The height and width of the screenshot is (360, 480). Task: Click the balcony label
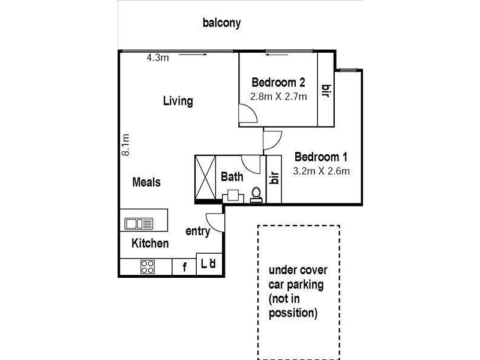[221, 23]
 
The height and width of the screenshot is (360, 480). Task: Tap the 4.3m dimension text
[158, 58]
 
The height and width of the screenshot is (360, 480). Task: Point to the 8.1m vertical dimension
[126, 145]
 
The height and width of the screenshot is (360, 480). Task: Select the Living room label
[178, 101]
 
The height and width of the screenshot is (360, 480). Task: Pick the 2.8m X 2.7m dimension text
[278, 96]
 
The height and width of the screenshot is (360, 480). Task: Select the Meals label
[146, 182]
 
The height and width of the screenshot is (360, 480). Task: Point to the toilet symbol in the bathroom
[256, 195]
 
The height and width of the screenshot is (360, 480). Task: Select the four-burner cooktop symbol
[148, 266]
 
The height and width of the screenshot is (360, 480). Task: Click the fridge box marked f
[184, 267]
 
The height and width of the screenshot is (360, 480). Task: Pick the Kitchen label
[150, 244]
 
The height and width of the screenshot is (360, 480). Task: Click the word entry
[197, 231]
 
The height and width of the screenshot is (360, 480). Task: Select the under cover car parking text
[298, 291]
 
